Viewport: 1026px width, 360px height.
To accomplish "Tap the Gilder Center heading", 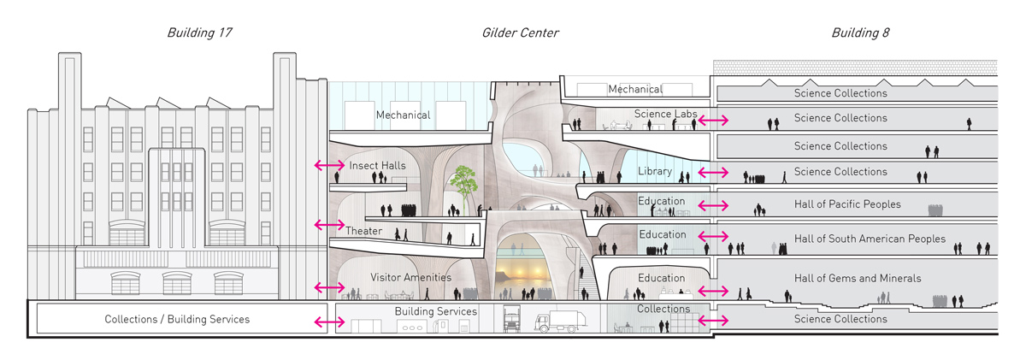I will (520, 33).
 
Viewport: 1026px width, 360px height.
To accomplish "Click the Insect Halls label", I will (377, 165).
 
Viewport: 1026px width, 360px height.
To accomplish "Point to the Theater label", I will (364, 231).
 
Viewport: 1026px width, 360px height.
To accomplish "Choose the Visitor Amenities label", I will (410, 278).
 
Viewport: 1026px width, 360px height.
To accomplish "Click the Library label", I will (655, 172).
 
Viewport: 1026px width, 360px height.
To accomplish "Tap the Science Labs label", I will (666, 114).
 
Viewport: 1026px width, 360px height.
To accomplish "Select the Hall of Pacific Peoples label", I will (847, 205).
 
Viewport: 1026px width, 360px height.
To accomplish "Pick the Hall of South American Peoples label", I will (870, 239).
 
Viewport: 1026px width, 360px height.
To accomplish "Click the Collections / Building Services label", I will (177, 319).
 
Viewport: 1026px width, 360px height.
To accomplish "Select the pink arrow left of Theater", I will (328, 224).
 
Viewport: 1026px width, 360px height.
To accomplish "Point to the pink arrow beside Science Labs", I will (713, 121).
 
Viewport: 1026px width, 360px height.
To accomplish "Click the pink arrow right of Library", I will (713, 173).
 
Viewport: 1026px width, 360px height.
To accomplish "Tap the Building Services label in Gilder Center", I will (436, 311).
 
